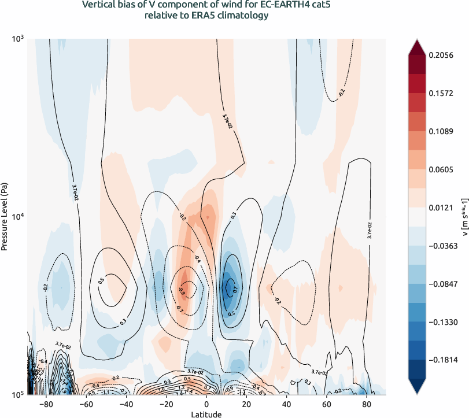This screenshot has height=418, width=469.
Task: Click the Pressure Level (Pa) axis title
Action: [x=5, y=217]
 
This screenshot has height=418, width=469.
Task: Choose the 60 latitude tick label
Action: [x=326, y=404]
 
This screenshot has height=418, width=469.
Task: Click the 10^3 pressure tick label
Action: [x=18, y=39]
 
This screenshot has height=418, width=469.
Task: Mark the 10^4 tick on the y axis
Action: [x=18, y=217]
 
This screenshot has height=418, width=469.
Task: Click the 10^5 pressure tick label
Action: [x=18, y=395]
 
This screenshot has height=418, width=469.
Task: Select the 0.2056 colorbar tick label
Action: [x=441, y=55]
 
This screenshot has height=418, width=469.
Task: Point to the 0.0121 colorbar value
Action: [x=441, y=206]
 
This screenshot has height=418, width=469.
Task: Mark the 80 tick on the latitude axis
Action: [x=365, y=404]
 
